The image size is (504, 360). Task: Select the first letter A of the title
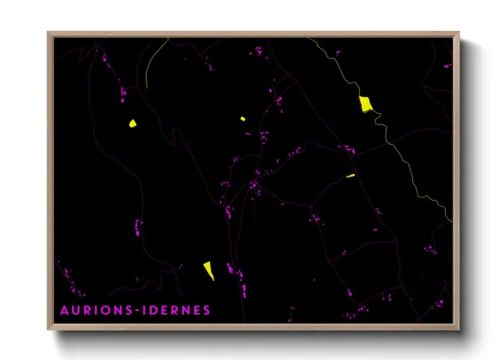pos(63,309)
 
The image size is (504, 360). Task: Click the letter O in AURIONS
pos(108,309)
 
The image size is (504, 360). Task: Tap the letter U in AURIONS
pos(75,309)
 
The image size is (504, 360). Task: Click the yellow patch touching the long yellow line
pos(365,105)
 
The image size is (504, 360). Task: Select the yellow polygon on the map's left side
pos(133,124)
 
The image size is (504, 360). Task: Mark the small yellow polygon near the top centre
pos(243,117)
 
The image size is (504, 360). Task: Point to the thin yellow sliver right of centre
pos(350,176)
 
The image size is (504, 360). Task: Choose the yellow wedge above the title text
pos(208,271)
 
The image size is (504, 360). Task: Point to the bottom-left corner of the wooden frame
pos(49,328)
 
